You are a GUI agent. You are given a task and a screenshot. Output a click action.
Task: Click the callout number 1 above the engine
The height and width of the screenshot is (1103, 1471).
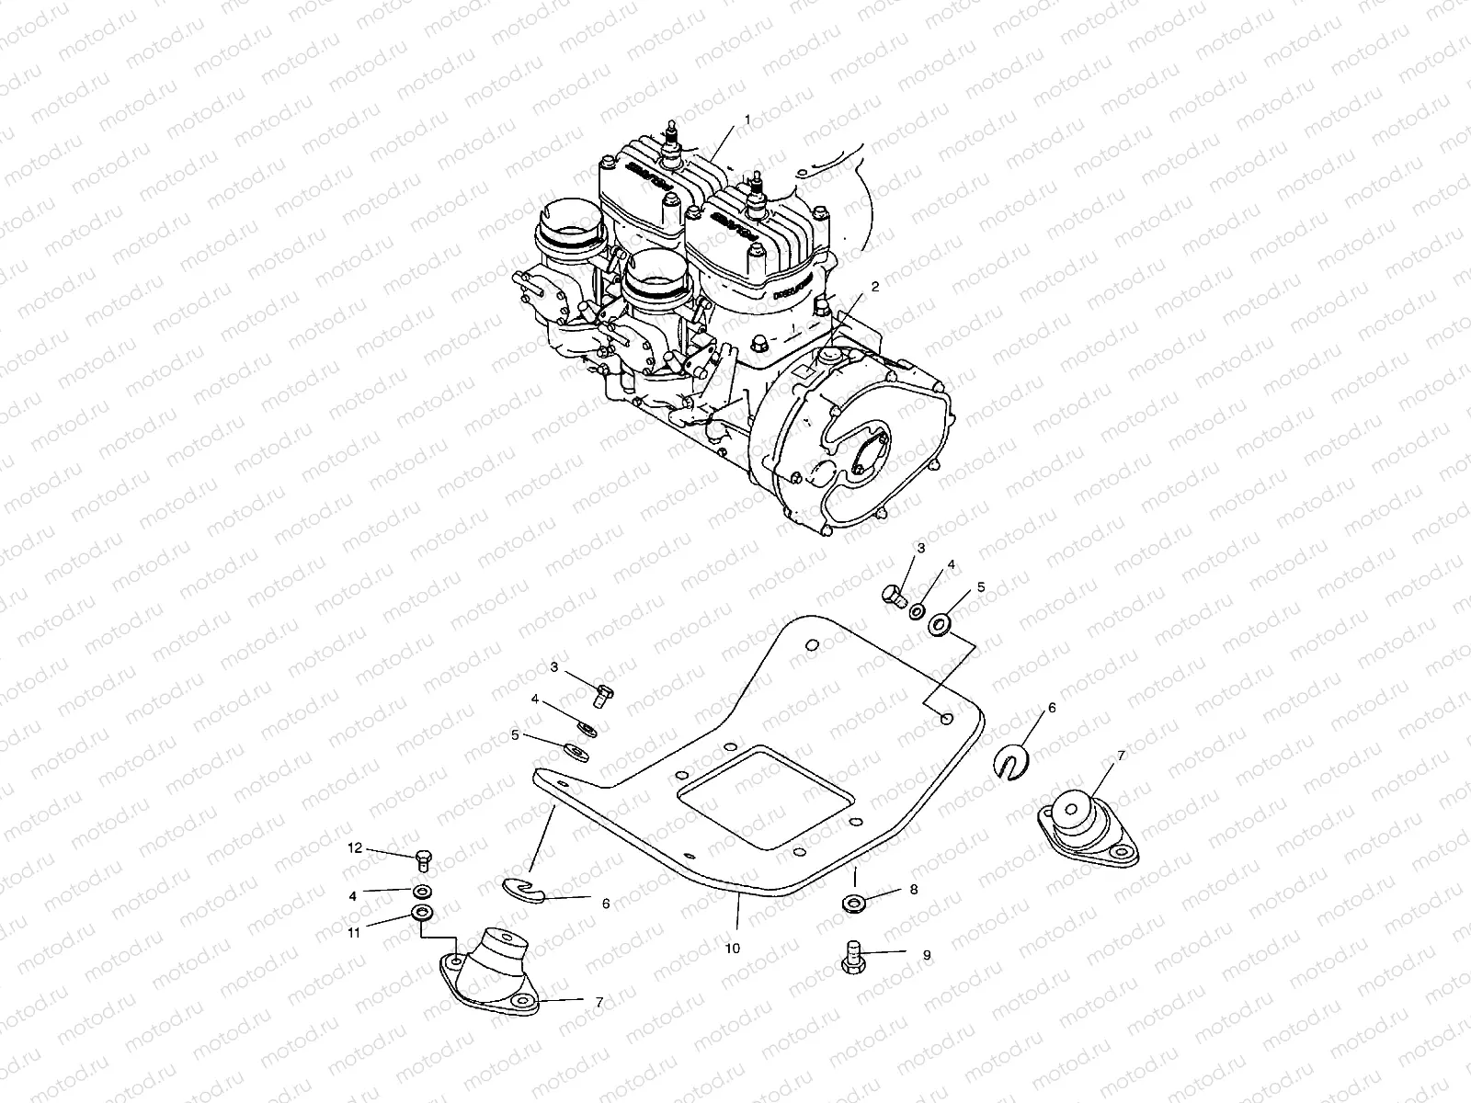pyautogui.click(x=747, y=119)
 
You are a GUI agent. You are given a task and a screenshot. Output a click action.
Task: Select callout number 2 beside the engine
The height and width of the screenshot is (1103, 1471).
pyautogui.click(x=875, y=287)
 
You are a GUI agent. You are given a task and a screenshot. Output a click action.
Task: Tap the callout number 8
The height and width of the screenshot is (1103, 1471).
pyautogui.click(x=914, y=890)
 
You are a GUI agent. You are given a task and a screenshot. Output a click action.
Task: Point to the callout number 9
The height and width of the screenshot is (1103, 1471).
pyautogui.click(x=927, y=955)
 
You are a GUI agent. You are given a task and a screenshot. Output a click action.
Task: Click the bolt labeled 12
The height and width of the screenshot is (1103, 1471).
pyautogui.click(x=424, y=859)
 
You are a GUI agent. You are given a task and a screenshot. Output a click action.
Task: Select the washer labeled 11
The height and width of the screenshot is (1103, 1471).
pyautogui.click(x=423, y=914)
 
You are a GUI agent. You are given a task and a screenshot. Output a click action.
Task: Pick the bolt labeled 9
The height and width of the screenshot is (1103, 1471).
pyautogui.click(x=850, y=959)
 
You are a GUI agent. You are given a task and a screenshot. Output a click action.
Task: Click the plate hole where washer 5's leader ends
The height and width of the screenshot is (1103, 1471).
pyautogui.click(x=945, y=718)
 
